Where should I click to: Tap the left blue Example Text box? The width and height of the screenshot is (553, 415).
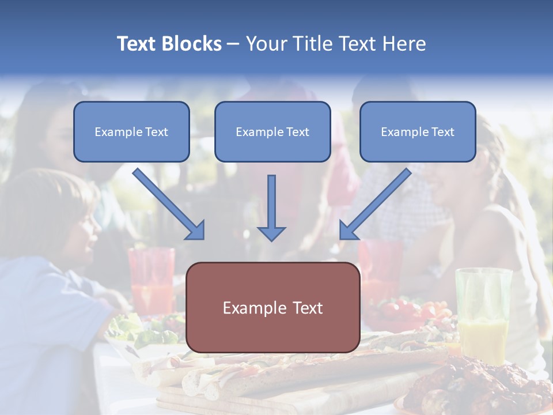coord(131,132)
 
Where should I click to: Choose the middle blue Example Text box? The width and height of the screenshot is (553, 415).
coord(272,132)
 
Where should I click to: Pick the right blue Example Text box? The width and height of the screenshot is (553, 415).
coord(418,132)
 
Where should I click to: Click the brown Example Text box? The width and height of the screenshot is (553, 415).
coord(273,308)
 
